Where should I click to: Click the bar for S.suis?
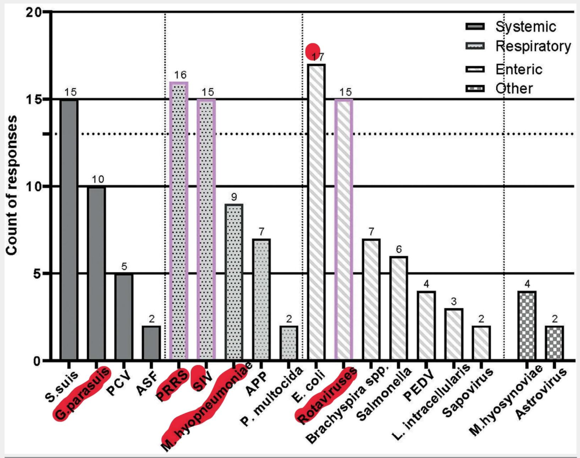tap(69, 230)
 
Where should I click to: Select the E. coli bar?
tap(316, 212)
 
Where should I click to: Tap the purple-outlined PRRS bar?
tap(179, 221)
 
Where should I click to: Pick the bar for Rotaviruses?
tap(344, 230)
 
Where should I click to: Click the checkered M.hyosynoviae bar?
tap(527, 325)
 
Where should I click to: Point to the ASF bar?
tap(151, 343)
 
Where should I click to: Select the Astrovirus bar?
tap(554, 343)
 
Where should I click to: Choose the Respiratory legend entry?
tap(516, 47)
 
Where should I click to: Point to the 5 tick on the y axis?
tap(38, 273)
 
